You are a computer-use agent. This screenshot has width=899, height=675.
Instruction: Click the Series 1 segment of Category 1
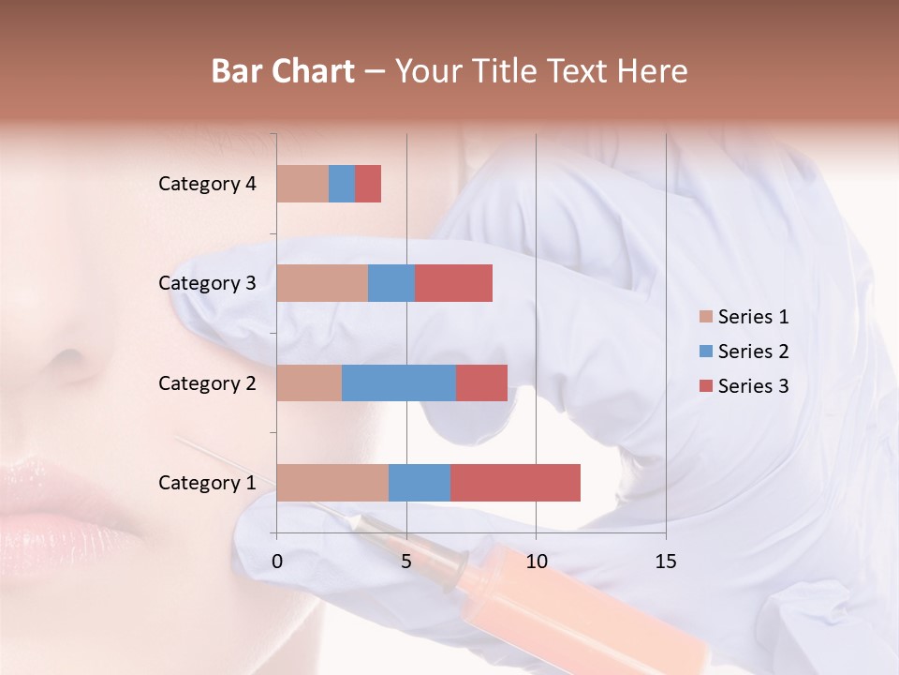point(332,483)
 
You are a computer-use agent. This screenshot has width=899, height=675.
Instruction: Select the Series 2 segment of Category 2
point(399,382)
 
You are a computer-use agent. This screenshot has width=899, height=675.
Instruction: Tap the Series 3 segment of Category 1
point(515,483)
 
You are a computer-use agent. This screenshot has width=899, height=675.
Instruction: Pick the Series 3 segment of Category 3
point(453,283)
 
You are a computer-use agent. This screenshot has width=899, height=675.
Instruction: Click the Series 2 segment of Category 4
point(342,184)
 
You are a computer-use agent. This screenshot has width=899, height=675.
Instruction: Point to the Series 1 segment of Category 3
point(322,283)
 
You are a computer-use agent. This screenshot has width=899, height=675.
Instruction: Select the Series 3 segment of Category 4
point(368,184)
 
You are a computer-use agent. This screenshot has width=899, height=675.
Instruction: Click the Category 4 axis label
point(207,184)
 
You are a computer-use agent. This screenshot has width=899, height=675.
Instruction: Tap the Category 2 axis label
point(207,382)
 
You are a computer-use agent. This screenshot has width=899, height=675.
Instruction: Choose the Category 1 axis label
point(207,483)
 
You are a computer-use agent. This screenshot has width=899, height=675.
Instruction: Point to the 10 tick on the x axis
point(536,562)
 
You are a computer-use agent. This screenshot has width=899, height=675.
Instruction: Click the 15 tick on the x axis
point(665,562)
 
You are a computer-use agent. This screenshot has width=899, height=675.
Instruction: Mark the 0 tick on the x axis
point(277,562)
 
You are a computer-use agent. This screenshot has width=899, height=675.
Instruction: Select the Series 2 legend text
point(753,352)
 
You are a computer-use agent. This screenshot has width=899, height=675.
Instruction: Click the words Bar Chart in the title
point(282,71)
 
